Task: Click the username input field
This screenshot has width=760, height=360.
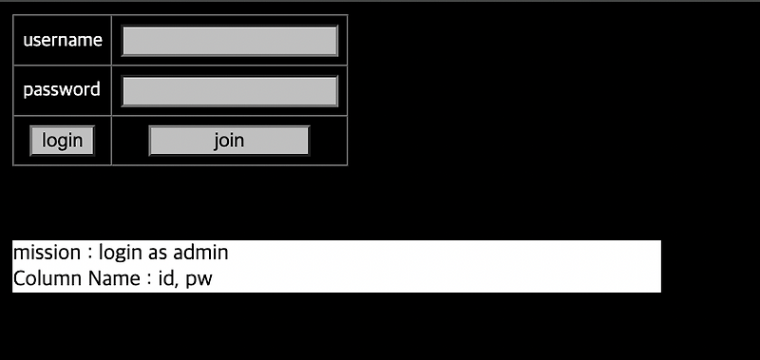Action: [230, 41]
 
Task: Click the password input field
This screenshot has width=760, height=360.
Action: [230, 91]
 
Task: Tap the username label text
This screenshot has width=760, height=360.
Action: [63, 41]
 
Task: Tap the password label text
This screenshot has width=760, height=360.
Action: [62, 90]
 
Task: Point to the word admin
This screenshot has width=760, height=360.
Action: [200, 254]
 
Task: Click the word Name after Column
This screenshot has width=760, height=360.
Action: [112, 279]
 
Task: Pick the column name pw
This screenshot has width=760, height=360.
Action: [199, 280]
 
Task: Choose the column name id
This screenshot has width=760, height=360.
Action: [166, 279]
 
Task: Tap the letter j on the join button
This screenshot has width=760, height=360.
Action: [217, 141]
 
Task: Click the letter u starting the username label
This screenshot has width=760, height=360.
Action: [28, 42]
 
